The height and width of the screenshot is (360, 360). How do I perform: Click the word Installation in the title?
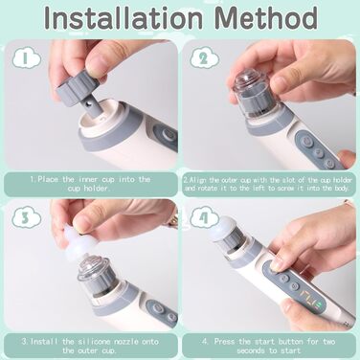124,17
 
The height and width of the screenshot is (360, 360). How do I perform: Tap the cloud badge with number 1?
27,57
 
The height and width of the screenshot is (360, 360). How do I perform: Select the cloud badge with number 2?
205,57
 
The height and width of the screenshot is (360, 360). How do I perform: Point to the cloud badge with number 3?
27,217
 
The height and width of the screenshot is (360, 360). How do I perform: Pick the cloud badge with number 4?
205,217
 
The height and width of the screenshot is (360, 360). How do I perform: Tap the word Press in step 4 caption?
225,342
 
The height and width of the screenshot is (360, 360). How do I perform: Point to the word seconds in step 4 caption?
251,350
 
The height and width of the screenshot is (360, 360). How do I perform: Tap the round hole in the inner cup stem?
88,105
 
